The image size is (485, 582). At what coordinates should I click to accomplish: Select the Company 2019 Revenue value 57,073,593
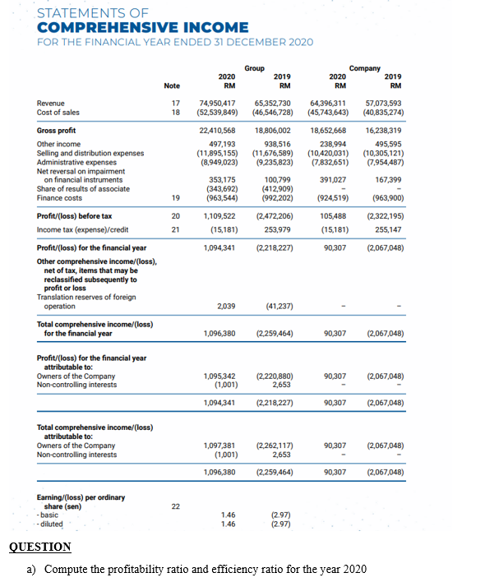coord(383,102)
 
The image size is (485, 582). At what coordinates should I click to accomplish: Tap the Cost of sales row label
coord(59,111)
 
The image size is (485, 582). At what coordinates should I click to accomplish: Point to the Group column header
coord(255,67)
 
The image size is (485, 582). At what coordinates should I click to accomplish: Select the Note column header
coord(172,85)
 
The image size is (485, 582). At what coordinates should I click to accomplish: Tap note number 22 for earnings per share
coord(175,506)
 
